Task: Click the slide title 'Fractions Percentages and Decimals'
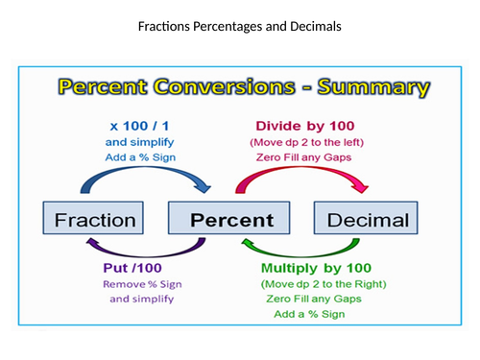(239, 26)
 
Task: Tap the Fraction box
(94, 220)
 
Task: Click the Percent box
(231, 220)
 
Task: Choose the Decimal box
(368, 220)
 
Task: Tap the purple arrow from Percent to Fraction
(158, 249)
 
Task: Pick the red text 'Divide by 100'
(303, 125)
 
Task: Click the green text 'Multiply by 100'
(323, 268)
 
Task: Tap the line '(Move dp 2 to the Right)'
(324, 284)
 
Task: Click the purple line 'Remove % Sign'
(142, 284)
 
